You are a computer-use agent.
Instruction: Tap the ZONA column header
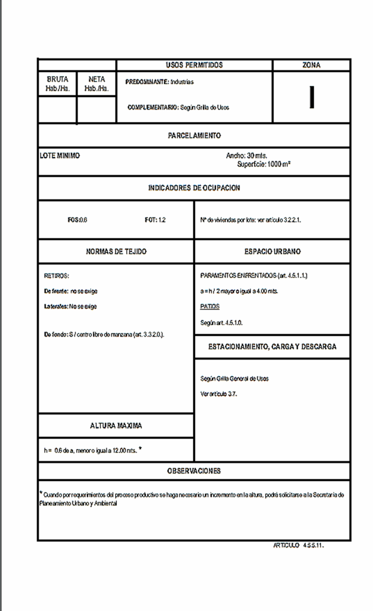[x=311, y=65]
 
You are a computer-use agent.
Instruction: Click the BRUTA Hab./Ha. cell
[x=58, y=84]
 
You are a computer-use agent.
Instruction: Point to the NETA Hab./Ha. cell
[x=97, y=84]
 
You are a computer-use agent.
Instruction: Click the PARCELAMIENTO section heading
[x=194, y=136]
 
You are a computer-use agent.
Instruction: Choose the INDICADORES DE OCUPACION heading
[x=194, y=187]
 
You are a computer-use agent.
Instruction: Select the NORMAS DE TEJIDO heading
[x=116, y=252]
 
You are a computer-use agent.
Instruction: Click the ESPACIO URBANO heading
[x=272, y=252]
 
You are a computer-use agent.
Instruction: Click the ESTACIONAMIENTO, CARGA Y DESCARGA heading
[x=272, y=347]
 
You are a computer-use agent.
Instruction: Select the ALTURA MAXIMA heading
[x=116, y=425]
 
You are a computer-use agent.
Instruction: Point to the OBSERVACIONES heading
[x=194, y=471]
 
